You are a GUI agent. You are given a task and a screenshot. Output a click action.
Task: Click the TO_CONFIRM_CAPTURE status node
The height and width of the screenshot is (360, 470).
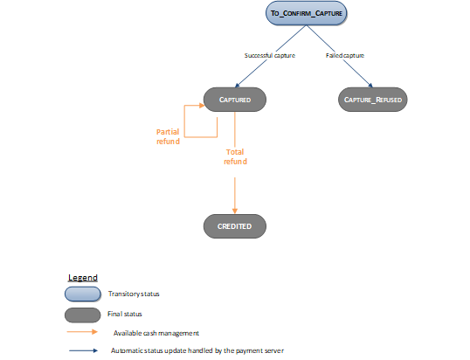tap(306, 13)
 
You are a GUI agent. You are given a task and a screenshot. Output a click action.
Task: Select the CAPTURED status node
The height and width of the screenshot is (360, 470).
tap(234, 100)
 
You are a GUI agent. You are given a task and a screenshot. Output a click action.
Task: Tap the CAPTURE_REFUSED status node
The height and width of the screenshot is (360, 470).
tap(372, 100)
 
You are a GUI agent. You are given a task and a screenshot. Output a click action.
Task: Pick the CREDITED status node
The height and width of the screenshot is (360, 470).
tap(234, 226)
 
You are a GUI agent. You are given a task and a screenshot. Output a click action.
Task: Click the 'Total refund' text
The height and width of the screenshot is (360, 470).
tap(235, 156)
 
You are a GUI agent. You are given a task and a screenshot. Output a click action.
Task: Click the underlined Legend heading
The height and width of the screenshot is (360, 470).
tap(83, 277)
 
